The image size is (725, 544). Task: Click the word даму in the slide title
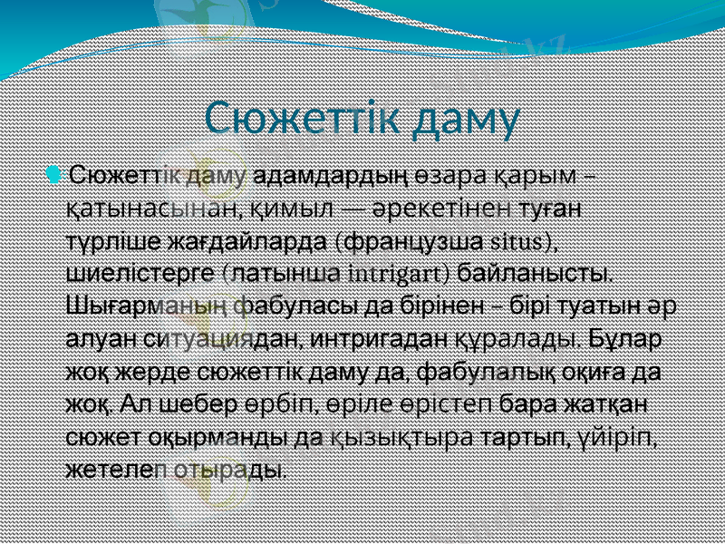[x=463, y=117]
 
